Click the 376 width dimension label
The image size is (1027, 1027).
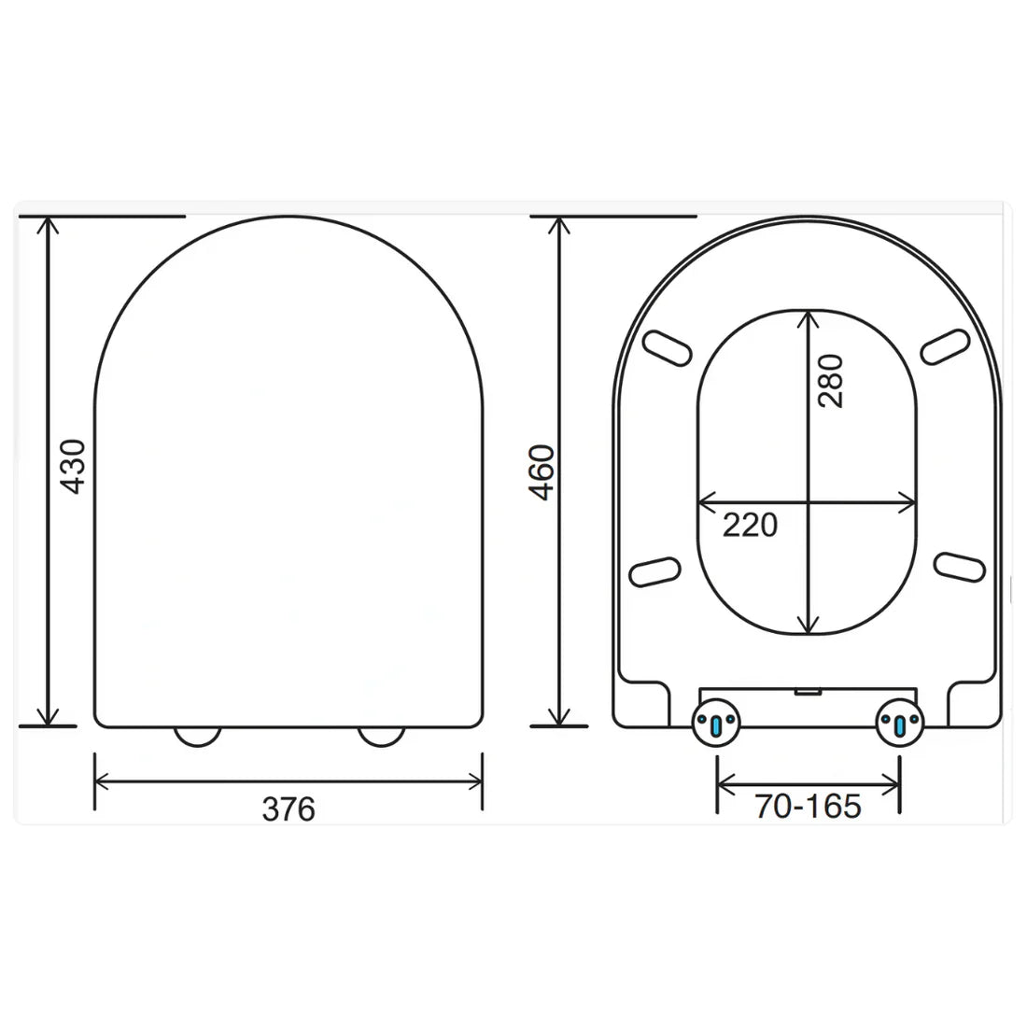tap(288, 809)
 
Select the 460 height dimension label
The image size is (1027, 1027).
tap(541, 472)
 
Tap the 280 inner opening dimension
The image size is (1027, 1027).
tap(829, 380)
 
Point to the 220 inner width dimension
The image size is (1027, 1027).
tap(750, 526)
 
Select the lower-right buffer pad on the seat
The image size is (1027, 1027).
tap(960, 567)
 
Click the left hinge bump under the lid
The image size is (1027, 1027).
tap(197, 737)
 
